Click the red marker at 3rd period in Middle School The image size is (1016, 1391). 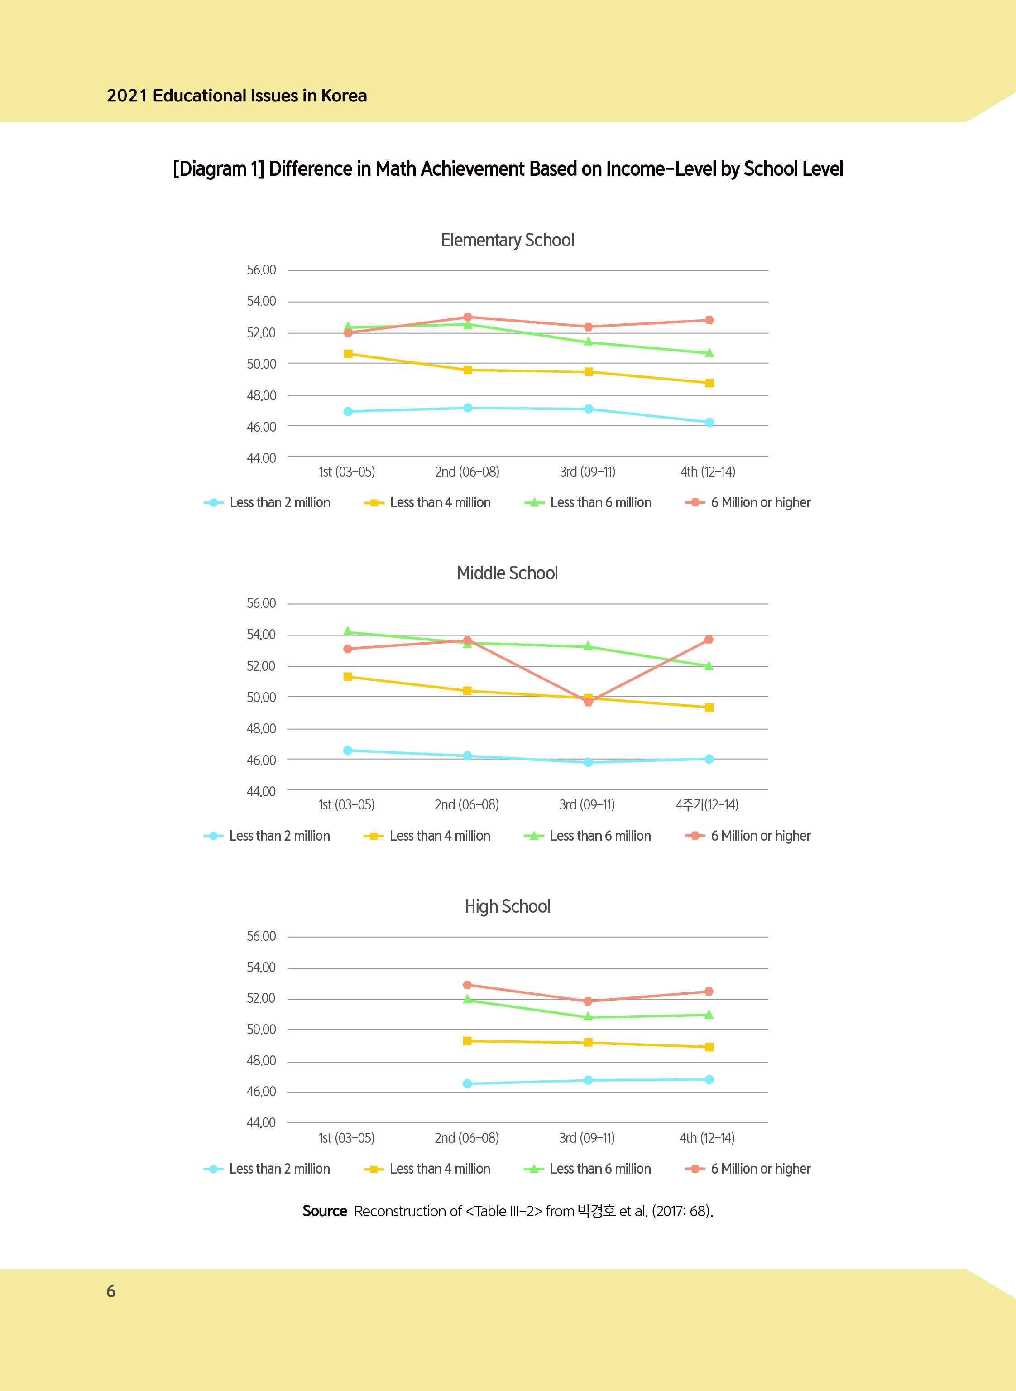click(x=588, y=701)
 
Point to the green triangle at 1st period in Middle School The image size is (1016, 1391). click(x=348, y=631)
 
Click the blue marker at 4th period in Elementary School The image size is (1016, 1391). click(x=709, y=423)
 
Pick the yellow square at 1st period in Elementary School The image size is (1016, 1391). click(x=348, y=354)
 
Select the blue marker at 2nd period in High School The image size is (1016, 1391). click(x=467, y=1083)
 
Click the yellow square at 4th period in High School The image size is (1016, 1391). click(x=709, y=1047)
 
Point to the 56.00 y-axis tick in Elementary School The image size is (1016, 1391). click(x=261, y=270)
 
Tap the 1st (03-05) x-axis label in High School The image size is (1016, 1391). click(x=346, y=1138)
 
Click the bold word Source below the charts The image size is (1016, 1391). click(x=325, y=1211)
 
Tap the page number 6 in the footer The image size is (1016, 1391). click(x=111, y=1291)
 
